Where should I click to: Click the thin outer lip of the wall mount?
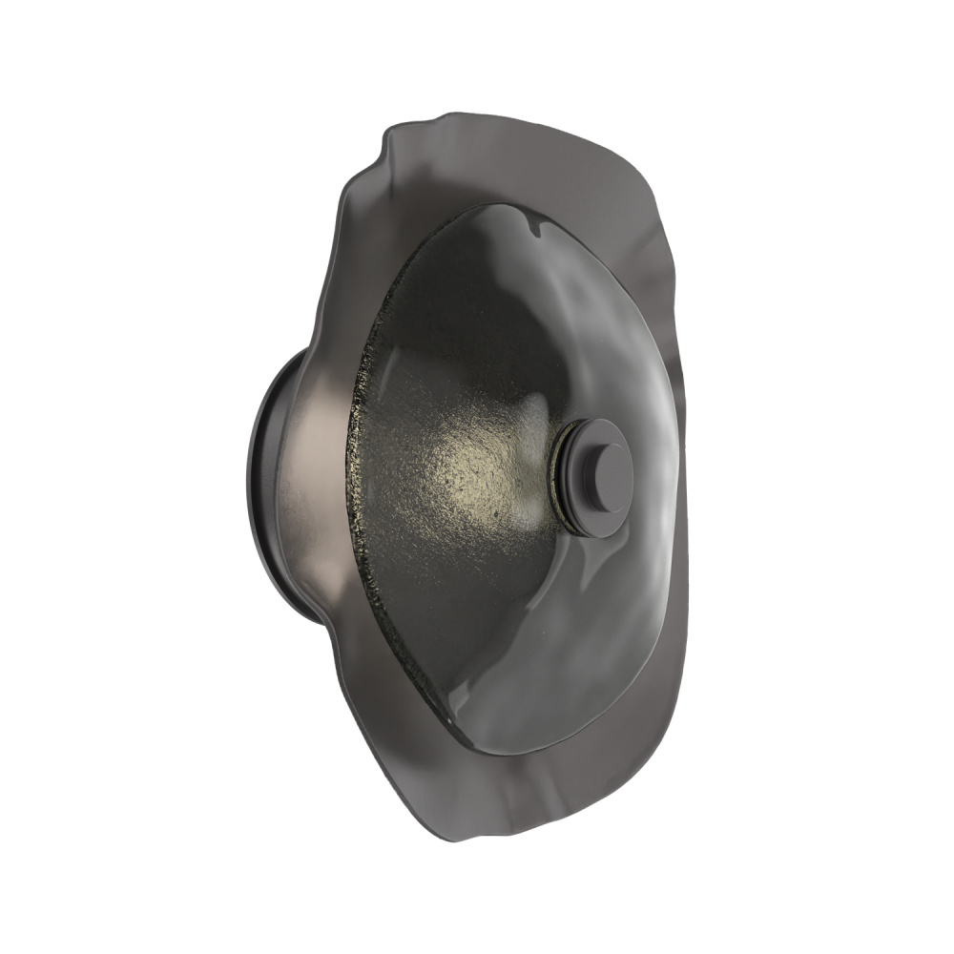[256, 477]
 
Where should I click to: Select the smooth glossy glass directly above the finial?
[601, 363]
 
